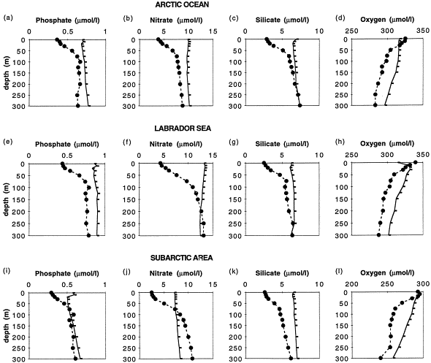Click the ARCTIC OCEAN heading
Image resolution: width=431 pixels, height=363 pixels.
tap(182, 4)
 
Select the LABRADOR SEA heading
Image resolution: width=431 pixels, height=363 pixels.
tap(183, 129)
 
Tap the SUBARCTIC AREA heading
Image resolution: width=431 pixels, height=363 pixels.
tap(182, 258)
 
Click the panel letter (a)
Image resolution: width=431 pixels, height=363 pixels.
tap(8, 18)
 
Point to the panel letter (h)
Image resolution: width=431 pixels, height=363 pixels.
tap(340, 142)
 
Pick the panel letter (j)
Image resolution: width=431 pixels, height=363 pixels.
tap(126, 272)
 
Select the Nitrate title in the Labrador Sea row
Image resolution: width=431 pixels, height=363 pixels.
tap(161, 144)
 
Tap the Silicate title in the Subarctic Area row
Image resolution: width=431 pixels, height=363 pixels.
tap(267, 273)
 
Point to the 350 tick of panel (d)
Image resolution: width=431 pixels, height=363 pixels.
tap(423, 31)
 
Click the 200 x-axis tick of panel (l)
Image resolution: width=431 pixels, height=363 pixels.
tap(352, 284)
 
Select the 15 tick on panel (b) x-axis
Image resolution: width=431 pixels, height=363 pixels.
tap(213, 31)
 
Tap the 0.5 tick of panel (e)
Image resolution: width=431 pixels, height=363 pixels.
tap(67, 156)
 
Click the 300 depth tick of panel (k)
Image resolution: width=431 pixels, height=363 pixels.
tap(235, 359)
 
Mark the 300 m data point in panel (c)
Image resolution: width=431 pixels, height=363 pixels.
tap(300, 105)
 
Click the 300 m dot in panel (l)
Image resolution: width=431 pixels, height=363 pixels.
tap(381, 358)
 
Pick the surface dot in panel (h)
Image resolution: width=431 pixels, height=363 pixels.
tap(416, 162)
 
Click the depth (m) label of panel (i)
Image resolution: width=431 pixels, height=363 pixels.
tap(7, 326)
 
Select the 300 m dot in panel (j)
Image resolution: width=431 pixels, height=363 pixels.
tap(192, 359)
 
